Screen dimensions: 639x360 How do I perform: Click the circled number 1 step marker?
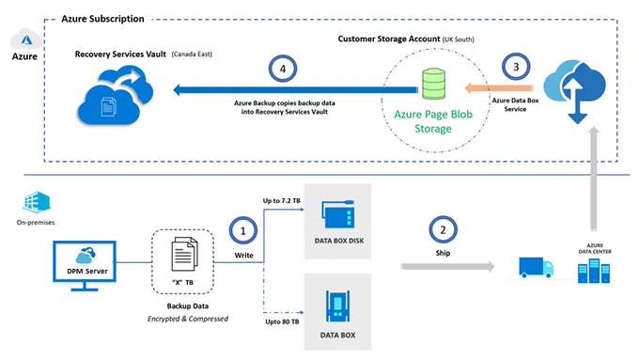243,231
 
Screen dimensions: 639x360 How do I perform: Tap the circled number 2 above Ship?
443,230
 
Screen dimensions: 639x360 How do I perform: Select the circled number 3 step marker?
516,67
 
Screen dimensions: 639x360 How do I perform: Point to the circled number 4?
283,69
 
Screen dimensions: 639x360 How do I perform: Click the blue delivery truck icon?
536,268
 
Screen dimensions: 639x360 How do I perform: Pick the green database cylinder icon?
433,84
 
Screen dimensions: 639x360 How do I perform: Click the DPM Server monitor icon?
85,266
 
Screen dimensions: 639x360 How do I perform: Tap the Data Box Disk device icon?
338,214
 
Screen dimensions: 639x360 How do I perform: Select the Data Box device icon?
337,305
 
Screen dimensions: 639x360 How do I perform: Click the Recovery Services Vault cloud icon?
116,96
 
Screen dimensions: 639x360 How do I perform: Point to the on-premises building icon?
37,202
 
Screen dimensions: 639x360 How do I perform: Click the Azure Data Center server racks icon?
594,271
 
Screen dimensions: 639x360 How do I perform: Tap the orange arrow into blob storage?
499,87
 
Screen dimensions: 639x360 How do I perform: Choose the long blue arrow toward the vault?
295,89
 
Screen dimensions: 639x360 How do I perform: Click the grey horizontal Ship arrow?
447,267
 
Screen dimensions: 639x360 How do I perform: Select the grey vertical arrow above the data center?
594,179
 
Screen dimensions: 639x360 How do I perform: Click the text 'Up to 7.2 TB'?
282,200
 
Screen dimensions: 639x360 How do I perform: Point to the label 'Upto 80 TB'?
282,321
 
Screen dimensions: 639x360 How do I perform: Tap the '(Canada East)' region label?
192,55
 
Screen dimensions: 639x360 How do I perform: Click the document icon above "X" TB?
184,255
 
